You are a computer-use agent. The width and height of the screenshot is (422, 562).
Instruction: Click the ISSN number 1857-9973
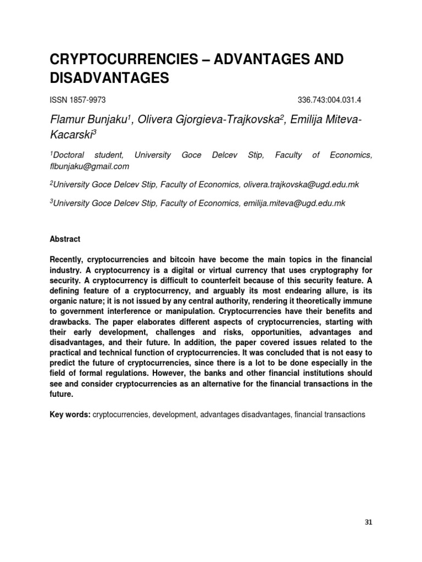pos(87,100)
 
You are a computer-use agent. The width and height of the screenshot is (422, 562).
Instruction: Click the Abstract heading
pos(65,239)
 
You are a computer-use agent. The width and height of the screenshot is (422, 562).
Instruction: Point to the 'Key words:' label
pos(70,414)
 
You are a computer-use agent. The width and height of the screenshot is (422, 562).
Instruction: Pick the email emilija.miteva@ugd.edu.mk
pos(293,203)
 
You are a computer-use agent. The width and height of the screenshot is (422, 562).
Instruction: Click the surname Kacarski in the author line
pos(71,135)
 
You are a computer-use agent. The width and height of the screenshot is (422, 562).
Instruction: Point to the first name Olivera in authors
pos(156,120)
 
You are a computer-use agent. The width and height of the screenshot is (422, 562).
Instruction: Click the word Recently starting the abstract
pos(69,258)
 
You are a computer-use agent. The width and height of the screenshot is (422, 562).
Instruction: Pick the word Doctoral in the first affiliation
pos(72,156)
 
